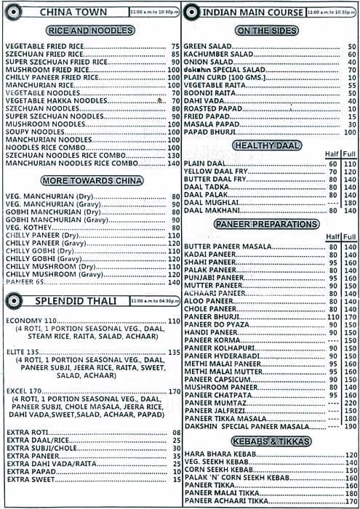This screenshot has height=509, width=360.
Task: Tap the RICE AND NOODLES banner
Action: [89, 31]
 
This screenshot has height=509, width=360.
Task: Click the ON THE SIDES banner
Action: [267, 31]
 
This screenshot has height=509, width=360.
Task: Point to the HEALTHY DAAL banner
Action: [267, 145]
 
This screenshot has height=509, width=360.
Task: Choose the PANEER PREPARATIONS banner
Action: [267, 225]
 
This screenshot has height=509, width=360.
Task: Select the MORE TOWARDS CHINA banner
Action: [89, 180]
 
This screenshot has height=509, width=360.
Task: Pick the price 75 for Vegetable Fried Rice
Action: [175, 47]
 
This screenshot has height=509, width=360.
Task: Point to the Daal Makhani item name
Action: [212, 211]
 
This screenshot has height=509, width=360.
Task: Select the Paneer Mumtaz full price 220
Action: [350, 403]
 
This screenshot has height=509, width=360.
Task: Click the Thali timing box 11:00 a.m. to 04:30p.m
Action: [155, 301]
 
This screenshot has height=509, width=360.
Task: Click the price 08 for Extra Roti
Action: [176, 433]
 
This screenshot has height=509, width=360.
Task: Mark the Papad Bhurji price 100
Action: [350, 132]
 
